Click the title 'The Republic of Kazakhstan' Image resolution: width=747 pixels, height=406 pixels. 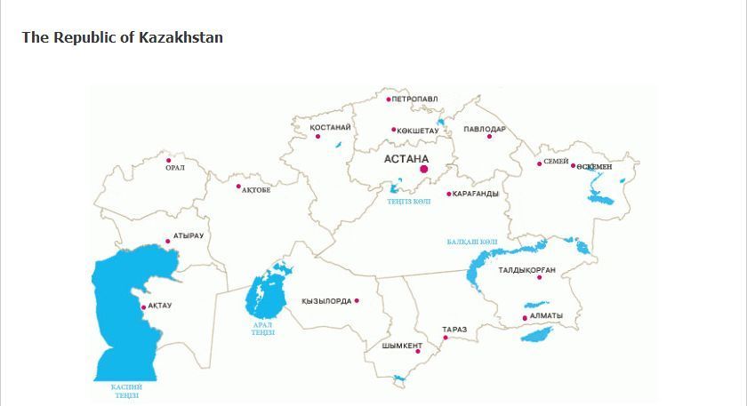pyautogui.click(x=122, y=37)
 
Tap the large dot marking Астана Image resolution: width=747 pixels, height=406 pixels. pyautogui.click(x=424, y=169)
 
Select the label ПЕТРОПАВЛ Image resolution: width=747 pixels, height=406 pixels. pyautogui.click(x=414, y=100)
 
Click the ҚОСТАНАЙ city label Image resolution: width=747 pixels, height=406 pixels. pyautogui.click(x=330, y=127)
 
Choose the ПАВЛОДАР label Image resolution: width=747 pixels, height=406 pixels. pyautogui.click(x=484, y=129)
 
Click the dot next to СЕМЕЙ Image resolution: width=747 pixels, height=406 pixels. pyautogui.click(x=539, y=163)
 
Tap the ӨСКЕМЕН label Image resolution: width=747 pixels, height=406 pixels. pyautogui.click(x=594, y=167)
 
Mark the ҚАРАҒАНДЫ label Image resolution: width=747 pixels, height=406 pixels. pyautogui.click(x=476, y=194)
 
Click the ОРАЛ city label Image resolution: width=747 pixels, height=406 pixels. pyautogui.click(x=175, y=168)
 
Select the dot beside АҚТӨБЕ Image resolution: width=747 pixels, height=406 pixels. pyautogui.click(x=238, y=187)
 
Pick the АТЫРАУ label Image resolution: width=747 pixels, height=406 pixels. pyautogui.click(x=189, y=235)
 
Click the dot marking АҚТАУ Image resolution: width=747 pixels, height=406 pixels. pyautogui.click(x=144, y=307)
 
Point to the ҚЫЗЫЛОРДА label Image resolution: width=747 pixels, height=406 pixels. pyautogui.click(x=326, y=301)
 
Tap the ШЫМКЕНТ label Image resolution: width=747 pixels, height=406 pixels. pyautogui.click(x=402, y=346)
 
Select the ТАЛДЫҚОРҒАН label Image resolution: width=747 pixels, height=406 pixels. pyautogui.click(x=526, y=269)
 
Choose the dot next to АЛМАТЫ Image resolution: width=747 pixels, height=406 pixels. pyautogui.click(x=525, y=317)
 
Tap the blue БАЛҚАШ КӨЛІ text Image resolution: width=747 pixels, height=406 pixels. pyautogui.click(x=472, y=242)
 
